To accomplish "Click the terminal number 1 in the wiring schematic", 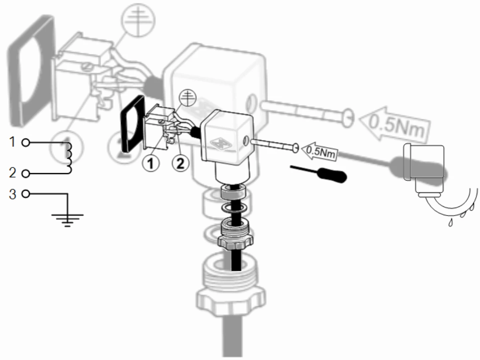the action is point(12,142).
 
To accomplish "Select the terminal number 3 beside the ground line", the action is point(12,194).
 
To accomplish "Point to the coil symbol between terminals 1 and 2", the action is point(68,158).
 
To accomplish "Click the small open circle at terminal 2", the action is point(26,174).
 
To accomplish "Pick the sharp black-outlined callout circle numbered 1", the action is point(151,163).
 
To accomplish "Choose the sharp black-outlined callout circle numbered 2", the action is point(180,163).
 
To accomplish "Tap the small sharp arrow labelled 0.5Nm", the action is point(320,151).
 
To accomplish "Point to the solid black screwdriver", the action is point(319,174).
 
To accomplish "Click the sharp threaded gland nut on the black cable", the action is point(235,234).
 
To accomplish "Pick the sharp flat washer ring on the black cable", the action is point(233,207).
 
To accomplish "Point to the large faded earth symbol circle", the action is point(138,20).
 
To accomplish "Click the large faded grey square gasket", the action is point(31,71).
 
